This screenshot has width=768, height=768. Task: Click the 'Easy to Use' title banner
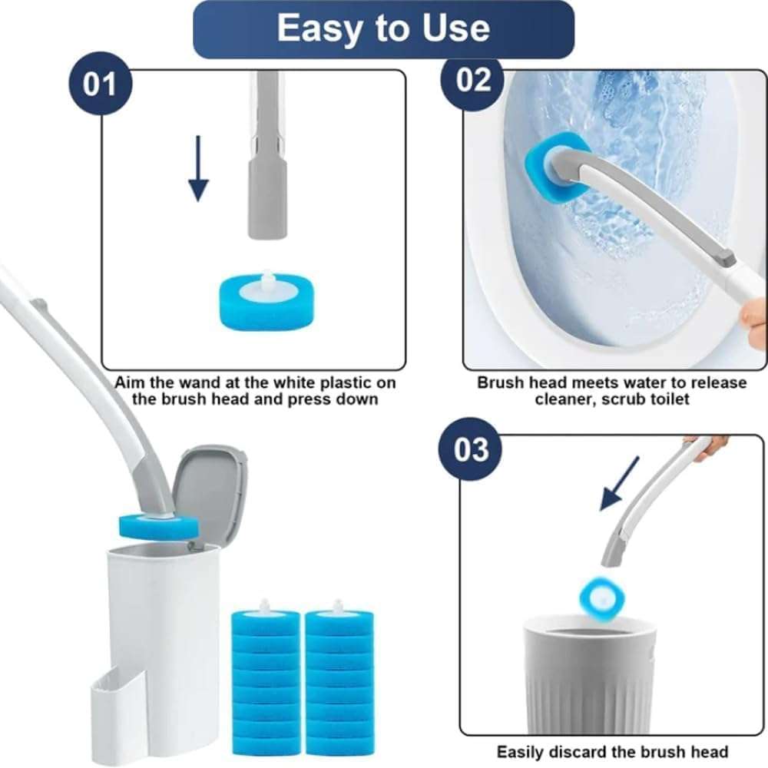(383, 29)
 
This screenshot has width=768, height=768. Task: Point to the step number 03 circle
(470, 449)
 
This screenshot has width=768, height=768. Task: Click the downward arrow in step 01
(198, 168)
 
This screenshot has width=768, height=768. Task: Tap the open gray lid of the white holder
(204, 492)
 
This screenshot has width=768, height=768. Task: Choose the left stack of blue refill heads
(265, 671)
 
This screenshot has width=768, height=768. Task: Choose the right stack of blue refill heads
(338, 671)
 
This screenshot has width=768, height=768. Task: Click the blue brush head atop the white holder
(158, 527)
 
